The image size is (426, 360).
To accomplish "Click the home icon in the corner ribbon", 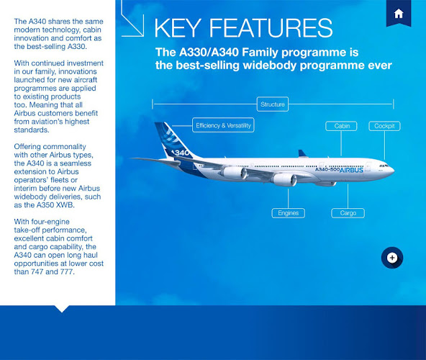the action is pos(399,14).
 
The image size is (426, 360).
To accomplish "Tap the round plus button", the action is pos(392,258).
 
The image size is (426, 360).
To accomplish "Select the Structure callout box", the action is pos(273,104).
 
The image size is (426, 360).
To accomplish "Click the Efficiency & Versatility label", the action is pos(223,125).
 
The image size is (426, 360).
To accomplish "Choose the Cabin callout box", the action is pos(341,126).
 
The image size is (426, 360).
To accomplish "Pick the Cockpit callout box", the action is pos(384,126).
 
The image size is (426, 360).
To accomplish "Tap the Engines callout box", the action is pos(289,213).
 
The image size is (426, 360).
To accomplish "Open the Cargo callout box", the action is pos(348,213).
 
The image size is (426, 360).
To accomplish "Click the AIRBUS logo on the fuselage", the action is pos(351,170).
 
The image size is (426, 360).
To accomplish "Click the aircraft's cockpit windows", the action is pos(384,166).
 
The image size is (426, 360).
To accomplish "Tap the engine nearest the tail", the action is pos(234,173).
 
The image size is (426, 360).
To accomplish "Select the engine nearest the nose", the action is pos(284,179).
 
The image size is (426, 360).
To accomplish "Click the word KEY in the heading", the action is pos(178,28).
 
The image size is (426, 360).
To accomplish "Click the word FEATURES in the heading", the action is pos(271,28).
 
